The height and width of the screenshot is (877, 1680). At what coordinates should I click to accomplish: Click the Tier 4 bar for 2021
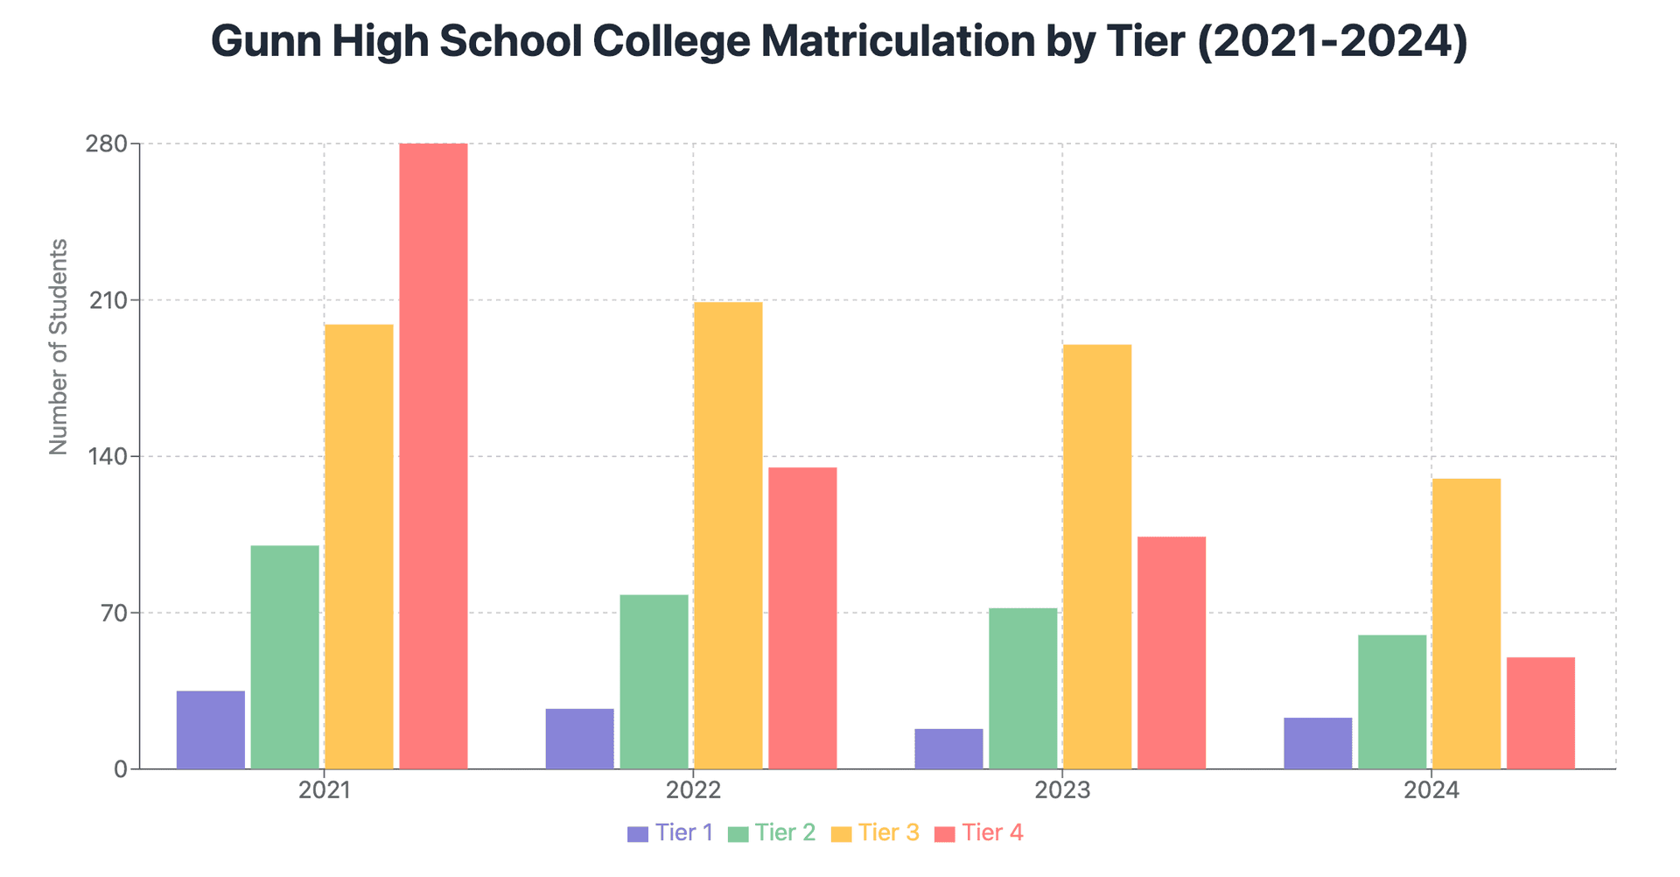click(433, 456)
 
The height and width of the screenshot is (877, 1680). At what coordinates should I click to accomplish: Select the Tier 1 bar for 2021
click(211, 730)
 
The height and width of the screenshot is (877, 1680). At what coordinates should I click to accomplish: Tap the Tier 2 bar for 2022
click(654, 682)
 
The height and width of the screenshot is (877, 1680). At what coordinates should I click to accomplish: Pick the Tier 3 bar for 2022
click(728, 536)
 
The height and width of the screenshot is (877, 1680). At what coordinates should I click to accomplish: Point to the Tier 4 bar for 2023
click(1172, 653)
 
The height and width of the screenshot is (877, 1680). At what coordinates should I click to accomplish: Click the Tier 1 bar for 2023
click(948, 749)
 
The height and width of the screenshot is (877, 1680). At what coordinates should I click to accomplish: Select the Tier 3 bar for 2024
click(1466, 624)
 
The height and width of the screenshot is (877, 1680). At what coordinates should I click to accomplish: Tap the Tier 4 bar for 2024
click(1540, 713)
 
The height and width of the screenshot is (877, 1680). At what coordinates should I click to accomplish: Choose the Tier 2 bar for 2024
click(1391, 702)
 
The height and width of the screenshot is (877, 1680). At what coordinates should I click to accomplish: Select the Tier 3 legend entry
click(875, 832)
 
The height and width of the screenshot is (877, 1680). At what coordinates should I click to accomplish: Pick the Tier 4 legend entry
click(978, 832)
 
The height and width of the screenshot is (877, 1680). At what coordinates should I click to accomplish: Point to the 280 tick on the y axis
click(106, 144)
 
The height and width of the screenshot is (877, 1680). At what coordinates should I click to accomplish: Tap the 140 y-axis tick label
click(106, 457)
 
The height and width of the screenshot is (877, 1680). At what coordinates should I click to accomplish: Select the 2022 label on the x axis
click(693, 791)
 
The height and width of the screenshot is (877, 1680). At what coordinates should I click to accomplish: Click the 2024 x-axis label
click(1431, 791)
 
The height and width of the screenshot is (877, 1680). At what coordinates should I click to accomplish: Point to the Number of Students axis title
click(59, 347)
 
